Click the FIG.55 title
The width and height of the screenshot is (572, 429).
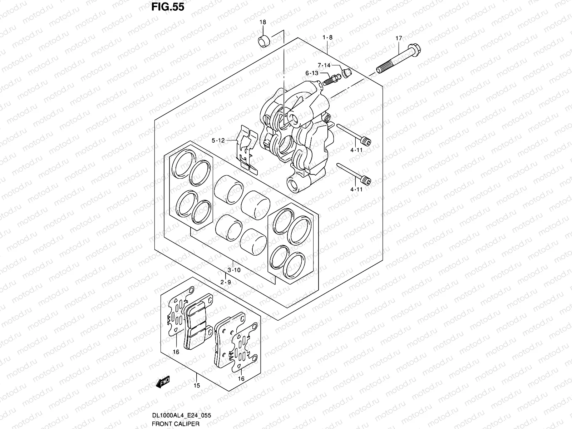pos(168,7)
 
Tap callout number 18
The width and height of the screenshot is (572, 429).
pos(263,22)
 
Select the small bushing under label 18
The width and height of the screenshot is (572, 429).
pos(264,41)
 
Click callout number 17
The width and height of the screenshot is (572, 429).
pos(399,38)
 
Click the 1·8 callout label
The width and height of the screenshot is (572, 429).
pos(327,38)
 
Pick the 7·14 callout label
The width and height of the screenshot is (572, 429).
pos(324,65)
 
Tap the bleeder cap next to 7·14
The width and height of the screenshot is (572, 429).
pos(346,73)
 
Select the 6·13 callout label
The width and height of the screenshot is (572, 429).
pos(312,73)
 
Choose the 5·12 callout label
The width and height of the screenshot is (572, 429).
pos(218,140)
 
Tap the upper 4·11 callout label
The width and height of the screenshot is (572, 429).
pos(356,150)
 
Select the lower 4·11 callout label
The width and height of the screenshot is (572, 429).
pos(356,189)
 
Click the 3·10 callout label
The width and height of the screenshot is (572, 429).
pos(234,270)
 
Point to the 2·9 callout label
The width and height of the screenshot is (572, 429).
pos(226,282)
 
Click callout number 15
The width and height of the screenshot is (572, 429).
pos(197,385)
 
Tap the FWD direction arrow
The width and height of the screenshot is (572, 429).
pos(163,382)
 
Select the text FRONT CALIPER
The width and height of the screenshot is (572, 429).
pos(176,424)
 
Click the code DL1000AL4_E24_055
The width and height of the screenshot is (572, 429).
pos(182,415)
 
